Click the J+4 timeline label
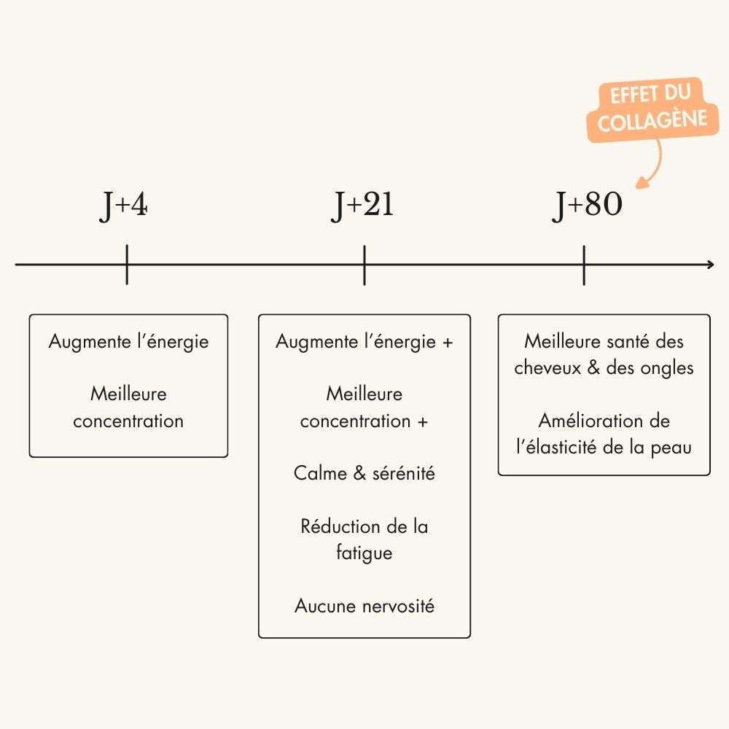(x=124, y=206)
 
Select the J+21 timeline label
(x=362, y=206)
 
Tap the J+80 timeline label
(x=587, y=206)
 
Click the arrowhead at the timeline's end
(x=710, y=265)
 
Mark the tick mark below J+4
(x=127, y=265)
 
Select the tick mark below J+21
(x=364, y=265)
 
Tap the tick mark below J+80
(x=584, y=265)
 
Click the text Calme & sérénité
(x=364, y=473)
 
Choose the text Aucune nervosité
(x=364, y=606)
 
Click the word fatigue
(x=364, y=553)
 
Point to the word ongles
(x=667, y=367)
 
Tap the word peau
(x=671, y=447)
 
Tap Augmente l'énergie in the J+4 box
(x=128, y=341)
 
